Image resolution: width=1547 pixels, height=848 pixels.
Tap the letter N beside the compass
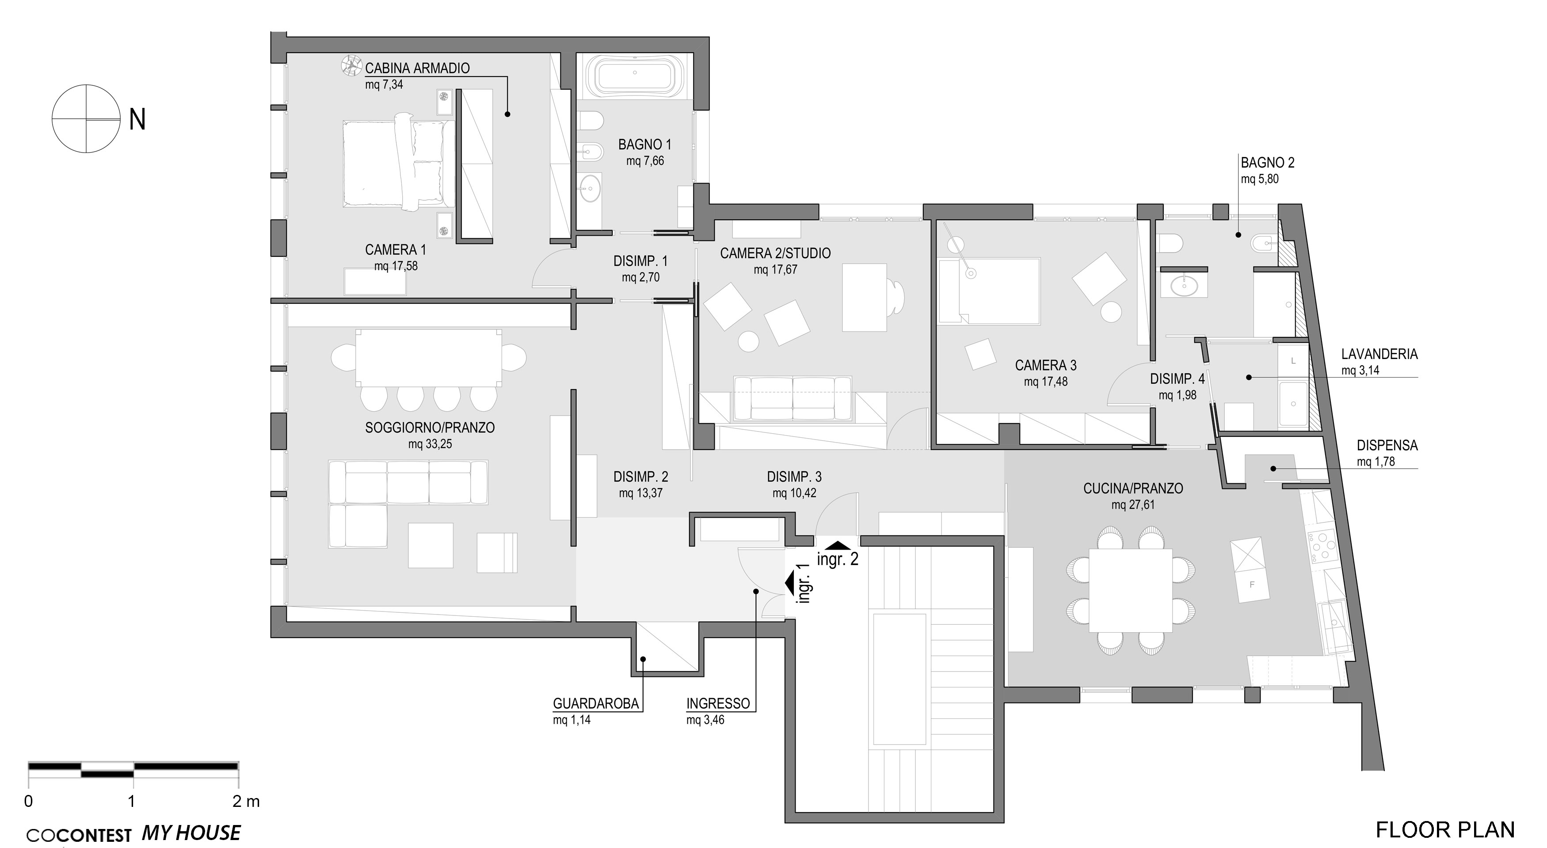(x=137, y=120)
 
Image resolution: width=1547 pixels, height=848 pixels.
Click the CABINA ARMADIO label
(x=417, y=69)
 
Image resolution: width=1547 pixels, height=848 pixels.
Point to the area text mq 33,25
(x=430, y=444)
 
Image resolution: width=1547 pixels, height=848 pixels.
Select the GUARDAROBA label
(x=596, y=704)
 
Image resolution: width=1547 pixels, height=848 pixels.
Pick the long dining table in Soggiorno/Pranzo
(x=429, y=359)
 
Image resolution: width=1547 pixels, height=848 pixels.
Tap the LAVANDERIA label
(x=1379, y=354)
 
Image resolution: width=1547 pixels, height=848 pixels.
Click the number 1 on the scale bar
(x=131, y=801)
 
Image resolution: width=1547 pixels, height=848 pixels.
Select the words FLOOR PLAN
(x=1445, y=830)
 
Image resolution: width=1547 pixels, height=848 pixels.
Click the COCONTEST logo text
(x=79, y=835)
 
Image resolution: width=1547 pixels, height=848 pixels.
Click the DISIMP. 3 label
(x=794, y=477)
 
